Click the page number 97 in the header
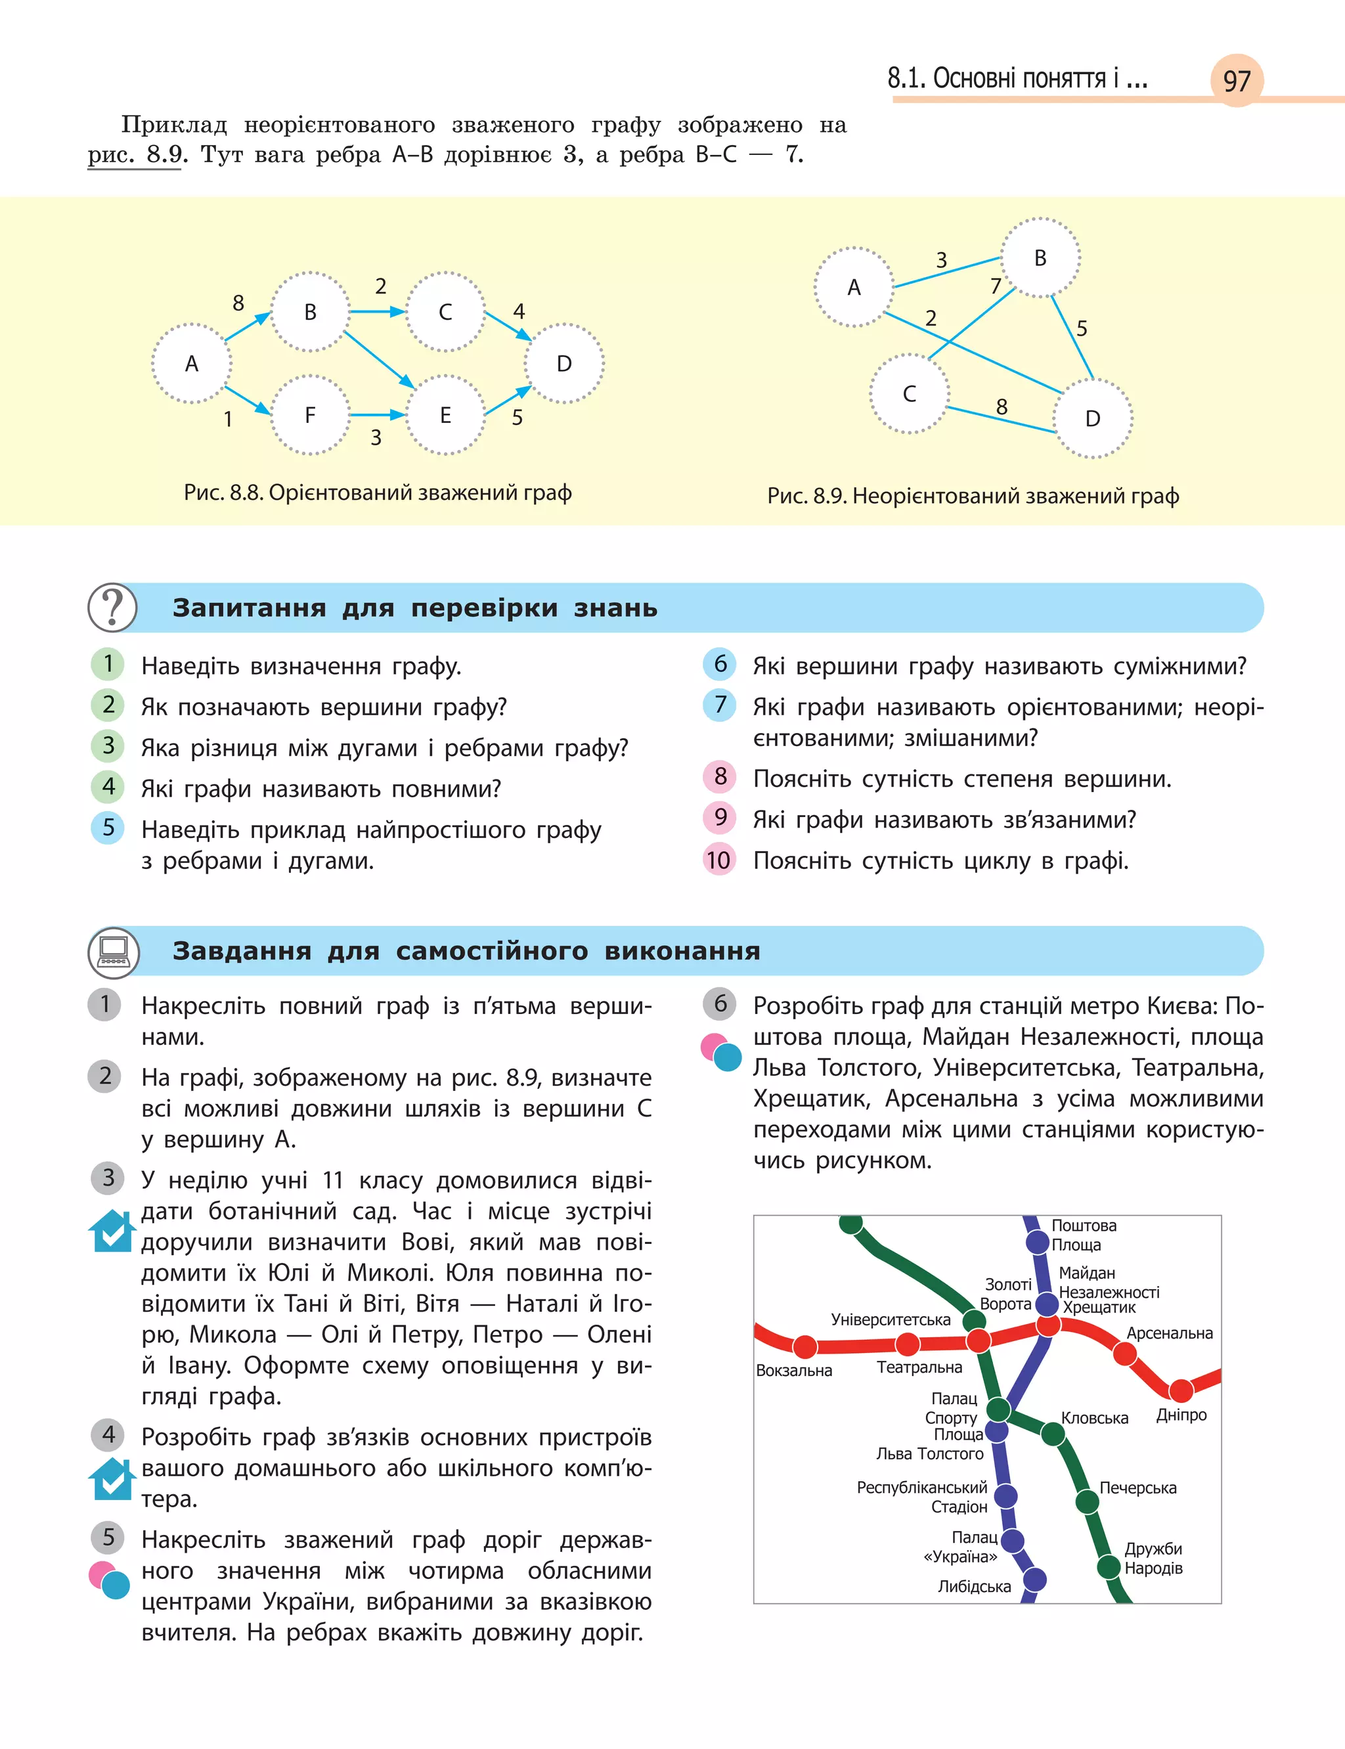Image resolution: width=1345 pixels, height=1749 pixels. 1236,81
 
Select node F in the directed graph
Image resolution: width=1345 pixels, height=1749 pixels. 310,414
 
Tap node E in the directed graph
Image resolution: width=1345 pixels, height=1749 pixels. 445,414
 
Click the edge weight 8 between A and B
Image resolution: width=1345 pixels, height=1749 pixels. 238,303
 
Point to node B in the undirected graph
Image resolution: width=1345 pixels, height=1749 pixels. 1040,257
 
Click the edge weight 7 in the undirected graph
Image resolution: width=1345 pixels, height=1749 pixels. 995,286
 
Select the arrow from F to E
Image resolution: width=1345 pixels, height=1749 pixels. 377,414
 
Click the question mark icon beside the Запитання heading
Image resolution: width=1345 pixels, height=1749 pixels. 112,608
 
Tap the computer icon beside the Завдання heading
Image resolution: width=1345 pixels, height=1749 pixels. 113,951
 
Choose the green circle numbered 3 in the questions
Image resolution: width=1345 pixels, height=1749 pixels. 108,746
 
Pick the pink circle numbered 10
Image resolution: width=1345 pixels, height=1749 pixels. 719,860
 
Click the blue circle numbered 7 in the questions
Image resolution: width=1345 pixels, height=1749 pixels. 720,705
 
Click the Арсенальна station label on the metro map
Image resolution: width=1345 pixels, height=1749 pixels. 1169,1333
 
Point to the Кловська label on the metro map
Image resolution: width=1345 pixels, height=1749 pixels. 1093,1417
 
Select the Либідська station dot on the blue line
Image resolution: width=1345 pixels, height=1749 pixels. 1034,1580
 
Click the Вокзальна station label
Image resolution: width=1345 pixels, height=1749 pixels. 793,1371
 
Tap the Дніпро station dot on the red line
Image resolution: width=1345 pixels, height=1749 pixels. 1181,1390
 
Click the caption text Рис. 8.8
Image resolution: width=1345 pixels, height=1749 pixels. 223,493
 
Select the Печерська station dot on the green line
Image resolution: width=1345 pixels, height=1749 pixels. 1086,1501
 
